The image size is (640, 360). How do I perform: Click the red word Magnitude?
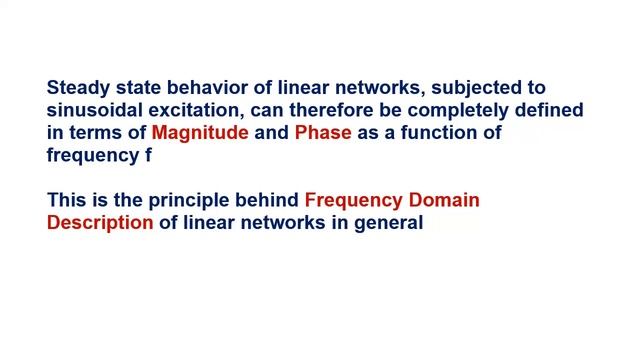pyautogui.click(x=200, y=133)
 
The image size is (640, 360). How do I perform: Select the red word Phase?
pyautogui.click(x=323, y=133)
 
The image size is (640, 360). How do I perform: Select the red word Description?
pyautogui.click(x=100, y=222)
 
